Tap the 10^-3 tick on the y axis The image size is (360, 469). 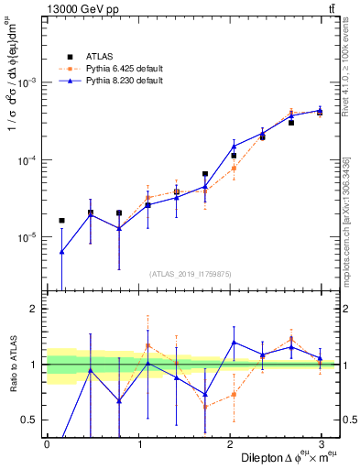[28, 82]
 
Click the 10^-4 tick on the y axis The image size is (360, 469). [28, 159]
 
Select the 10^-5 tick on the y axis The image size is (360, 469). [28, 237]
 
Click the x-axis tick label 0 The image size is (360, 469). [47, 443]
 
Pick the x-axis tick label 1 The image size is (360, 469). [138, 443]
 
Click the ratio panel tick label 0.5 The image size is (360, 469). [27, 420]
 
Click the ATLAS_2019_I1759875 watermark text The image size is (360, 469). [190, 272]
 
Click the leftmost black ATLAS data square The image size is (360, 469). [61, 220]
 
